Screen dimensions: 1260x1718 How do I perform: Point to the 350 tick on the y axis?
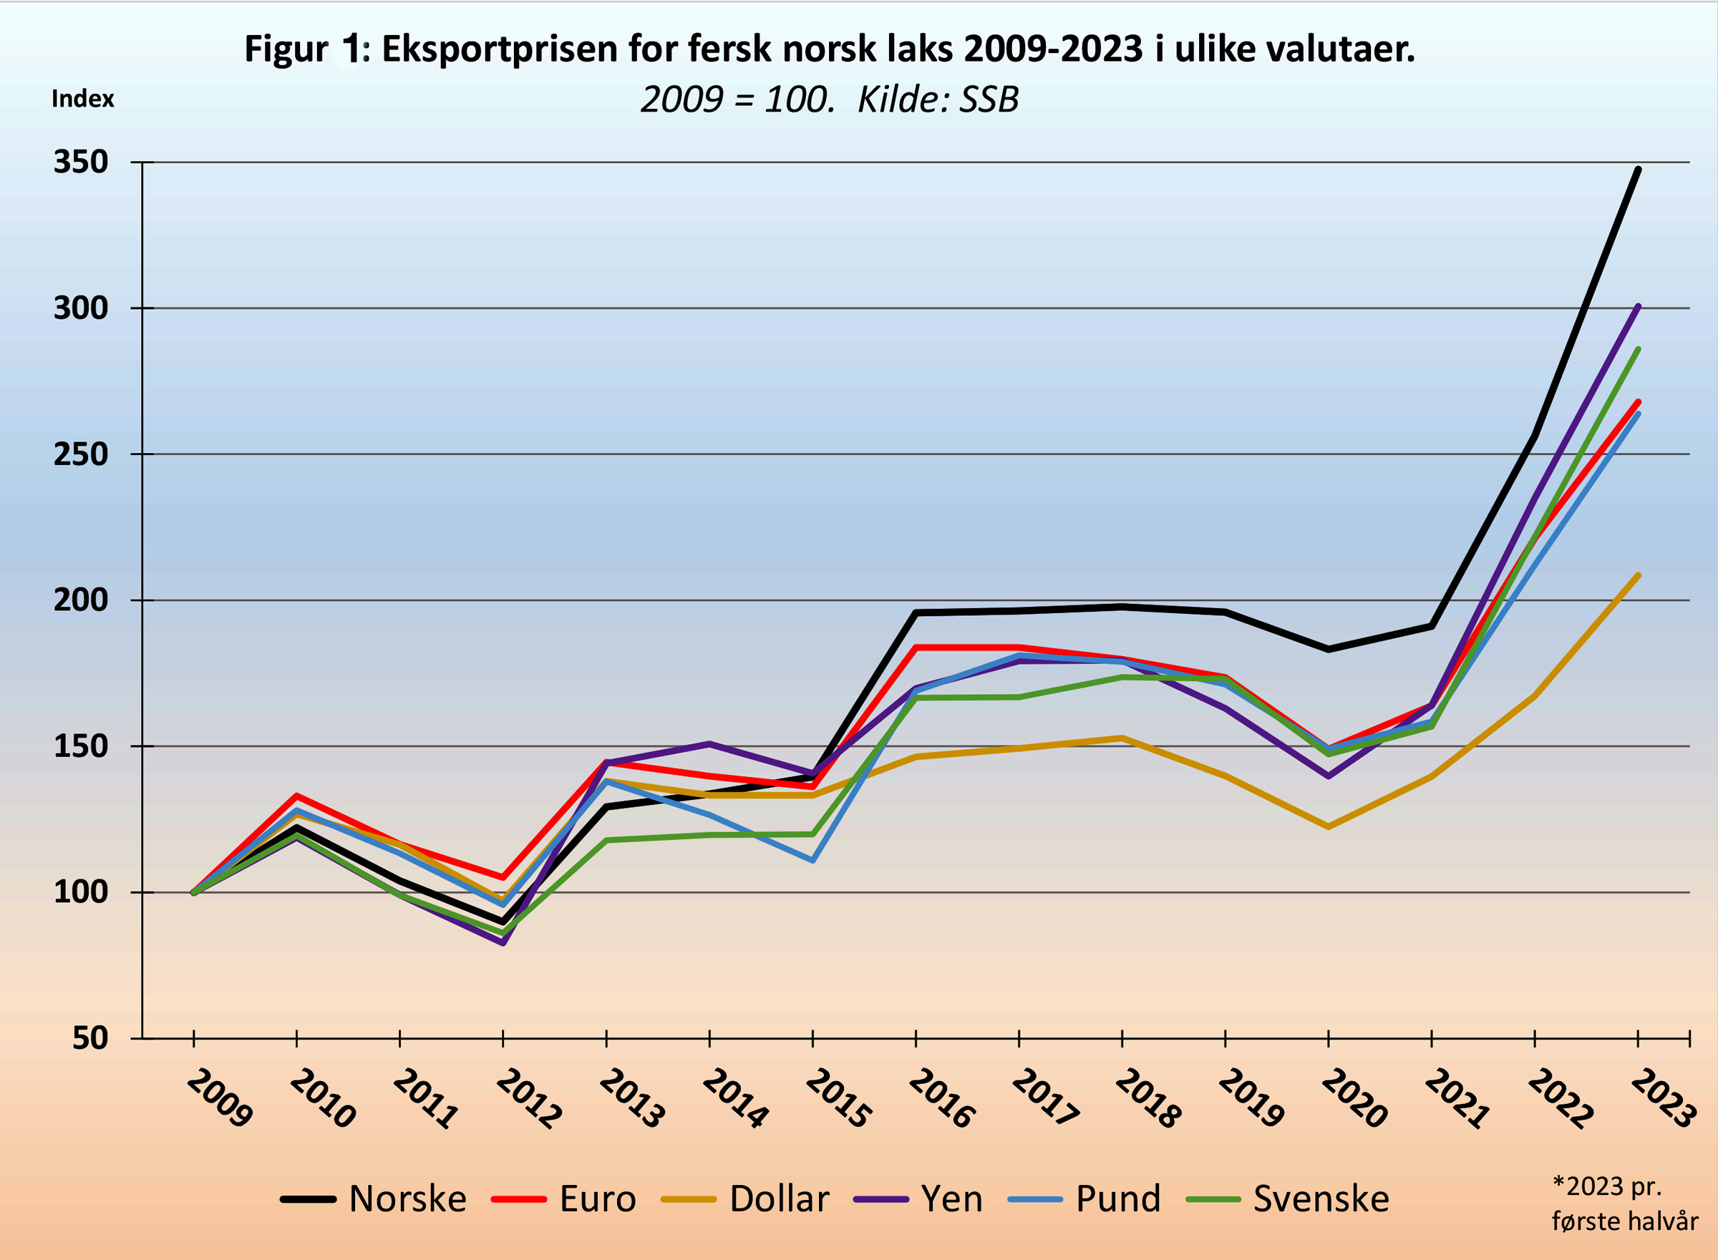pyautogui.click(x=81, y=162)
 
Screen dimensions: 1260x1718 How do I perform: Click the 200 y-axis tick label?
pyautogui.click(x=81, y=600)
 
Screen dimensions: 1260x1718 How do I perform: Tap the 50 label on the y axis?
pyautogui.click(x=90, y=1039)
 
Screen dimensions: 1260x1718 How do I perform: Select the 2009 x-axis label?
pyautogui.click(x=218, y=1098)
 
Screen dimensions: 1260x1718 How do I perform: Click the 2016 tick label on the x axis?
pyautogui.click(x=941, y=1098)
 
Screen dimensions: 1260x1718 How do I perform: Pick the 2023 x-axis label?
pyautogui.click(x=1663, y=1098)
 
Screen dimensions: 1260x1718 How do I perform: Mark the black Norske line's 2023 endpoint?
pyautogui.click(x=1638, y=170)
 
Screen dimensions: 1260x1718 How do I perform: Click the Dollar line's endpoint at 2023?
pyautogui.click(x=1638, y=575)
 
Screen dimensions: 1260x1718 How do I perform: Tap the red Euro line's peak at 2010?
pyautogui.click(x=296, y=796)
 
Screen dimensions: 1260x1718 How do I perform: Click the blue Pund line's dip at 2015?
pyautogui.click(x=813, y=860)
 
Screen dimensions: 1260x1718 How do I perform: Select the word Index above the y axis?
pyautogui.click(x=82, y=99)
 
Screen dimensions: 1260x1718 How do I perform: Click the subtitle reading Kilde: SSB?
pyautogui.click(x=938, y=100)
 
